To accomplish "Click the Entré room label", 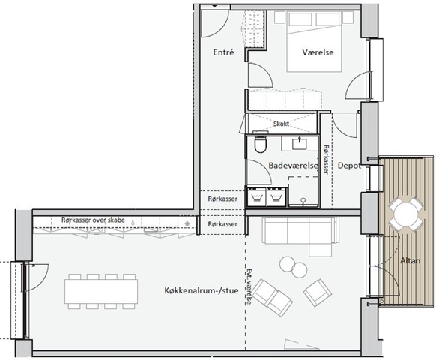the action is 223,52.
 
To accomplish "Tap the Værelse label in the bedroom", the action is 318,52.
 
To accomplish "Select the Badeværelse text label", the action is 293,166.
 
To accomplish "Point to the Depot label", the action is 349,166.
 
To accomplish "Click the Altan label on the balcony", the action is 410,260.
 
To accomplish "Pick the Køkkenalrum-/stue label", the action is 202,291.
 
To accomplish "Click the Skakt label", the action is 281,124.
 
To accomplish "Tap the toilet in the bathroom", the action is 261,144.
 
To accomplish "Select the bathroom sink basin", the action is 299,144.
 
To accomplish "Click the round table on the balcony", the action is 406,214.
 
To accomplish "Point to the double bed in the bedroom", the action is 314,41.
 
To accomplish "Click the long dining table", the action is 101,291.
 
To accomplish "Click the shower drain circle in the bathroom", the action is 303,199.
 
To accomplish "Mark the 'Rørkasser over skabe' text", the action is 93,220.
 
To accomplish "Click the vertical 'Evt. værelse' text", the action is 249,286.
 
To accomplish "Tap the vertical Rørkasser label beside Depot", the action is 326,160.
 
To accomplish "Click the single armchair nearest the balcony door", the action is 318,292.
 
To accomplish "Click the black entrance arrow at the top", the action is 215,6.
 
